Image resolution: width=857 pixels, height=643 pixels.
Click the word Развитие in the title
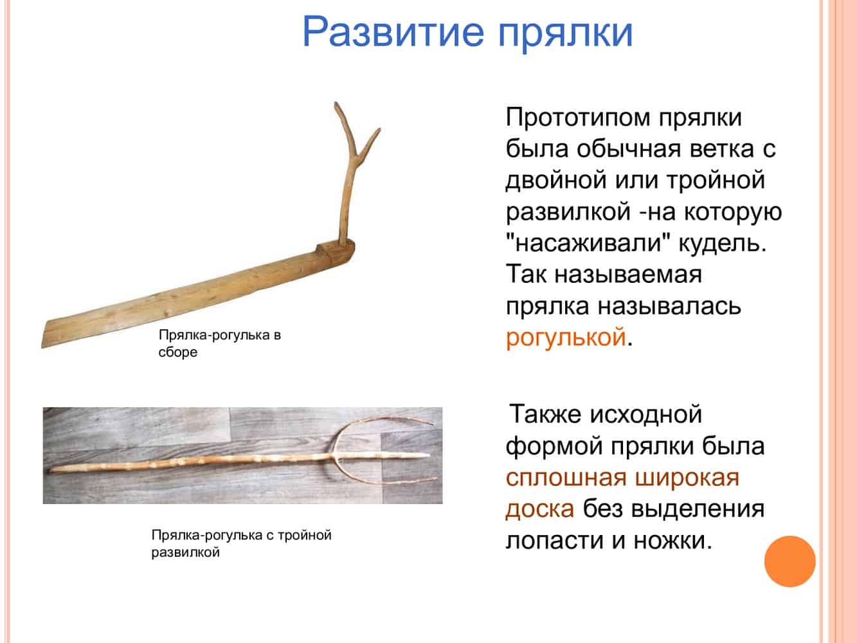point(393,32)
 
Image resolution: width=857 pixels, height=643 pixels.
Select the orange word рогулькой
point(566,338)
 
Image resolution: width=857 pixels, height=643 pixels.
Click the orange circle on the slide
point(790,561)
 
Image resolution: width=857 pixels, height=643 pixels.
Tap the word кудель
point(723,243)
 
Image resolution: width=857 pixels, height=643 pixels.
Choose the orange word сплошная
point(566,478)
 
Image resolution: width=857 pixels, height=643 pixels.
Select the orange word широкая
point(687,478)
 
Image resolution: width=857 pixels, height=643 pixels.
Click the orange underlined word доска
point(540,509)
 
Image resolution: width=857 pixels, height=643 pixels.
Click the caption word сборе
point(178,352)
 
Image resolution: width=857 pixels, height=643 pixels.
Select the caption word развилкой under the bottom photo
point(185,553)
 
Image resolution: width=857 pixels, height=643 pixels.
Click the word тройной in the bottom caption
point(305,535)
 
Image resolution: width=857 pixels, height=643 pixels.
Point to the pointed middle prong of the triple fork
point(428,455)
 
